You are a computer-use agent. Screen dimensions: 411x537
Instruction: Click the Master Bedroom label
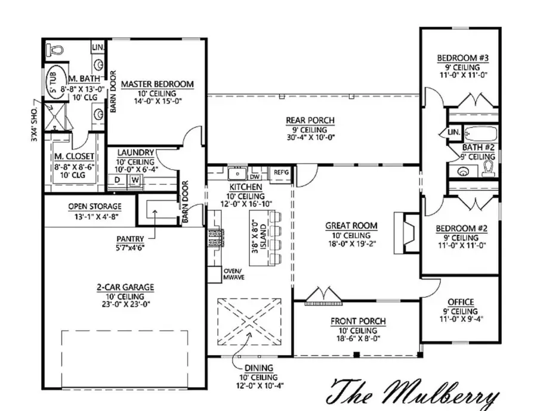coord(157,84)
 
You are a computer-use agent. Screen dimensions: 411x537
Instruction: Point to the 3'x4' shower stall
coord(57,116)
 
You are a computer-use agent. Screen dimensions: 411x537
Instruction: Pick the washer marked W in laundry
coord(135,179)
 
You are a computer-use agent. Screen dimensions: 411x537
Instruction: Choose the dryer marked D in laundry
coord(118,179)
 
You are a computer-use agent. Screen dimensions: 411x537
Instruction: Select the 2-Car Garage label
coord(125,287)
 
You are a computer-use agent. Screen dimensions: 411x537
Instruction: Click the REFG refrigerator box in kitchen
coord(281,172)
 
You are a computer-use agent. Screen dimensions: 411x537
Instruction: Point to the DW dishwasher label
coord(255,177)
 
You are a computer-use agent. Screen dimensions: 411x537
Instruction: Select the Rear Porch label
coord(310,120)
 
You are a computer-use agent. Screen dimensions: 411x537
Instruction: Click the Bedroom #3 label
coord(462,58)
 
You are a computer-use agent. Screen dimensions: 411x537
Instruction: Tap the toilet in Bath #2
coord(489,169)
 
